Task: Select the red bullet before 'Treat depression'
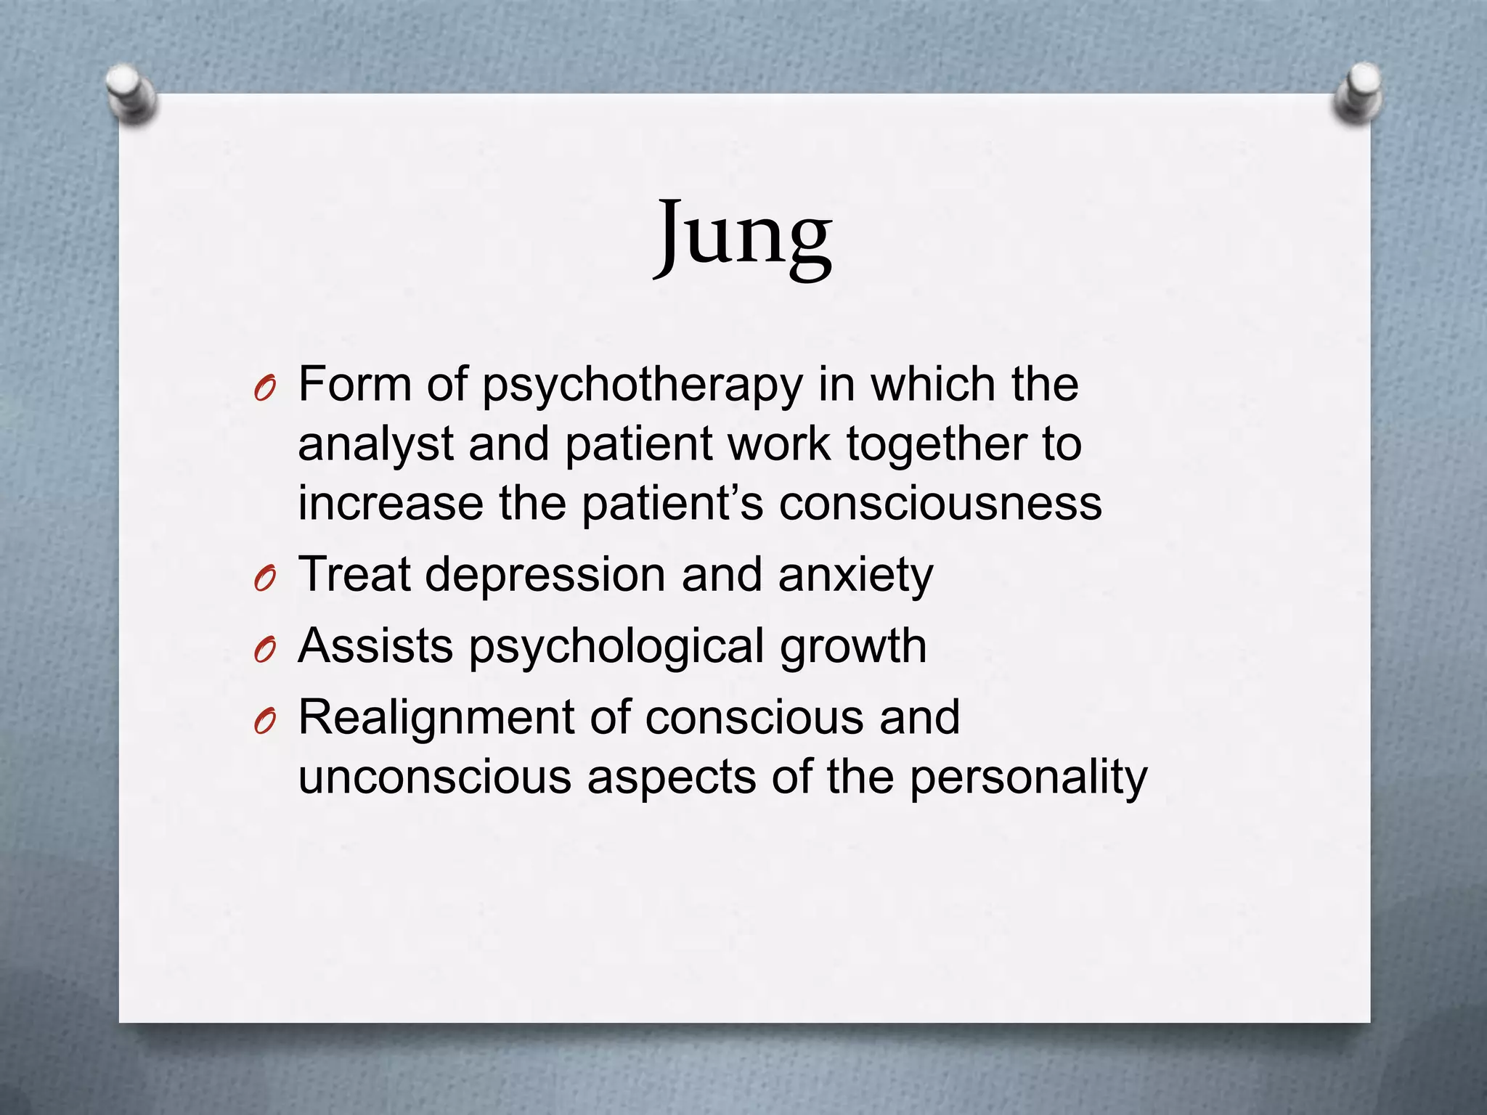click(x=264, y=581)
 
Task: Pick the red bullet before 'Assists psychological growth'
click(x=264, y=652)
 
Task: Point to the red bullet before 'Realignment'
click(x=264, y=723)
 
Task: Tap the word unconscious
click(x=434, y=777)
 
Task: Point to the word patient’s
click(x=672, y=504)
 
